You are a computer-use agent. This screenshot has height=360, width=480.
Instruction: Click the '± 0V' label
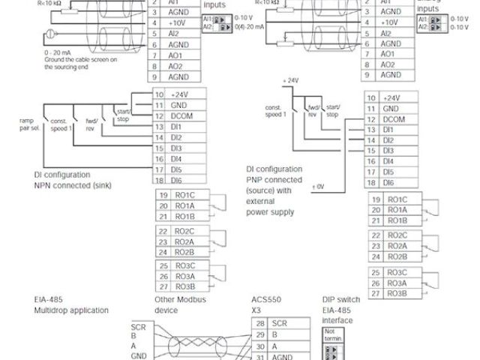(x=318, y=185)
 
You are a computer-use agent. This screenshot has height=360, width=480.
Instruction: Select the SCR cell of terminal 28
(x=280, y=322)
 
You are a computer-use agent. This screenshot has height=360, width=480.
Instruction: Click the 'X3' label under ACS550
(x=255, y=309)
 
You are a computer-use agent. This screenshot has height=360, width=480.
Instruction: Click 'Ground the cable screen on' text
(x=65, y=60)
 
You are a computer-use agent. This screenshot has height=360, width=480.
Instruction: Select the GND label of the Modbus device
(x=139, y=357)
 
